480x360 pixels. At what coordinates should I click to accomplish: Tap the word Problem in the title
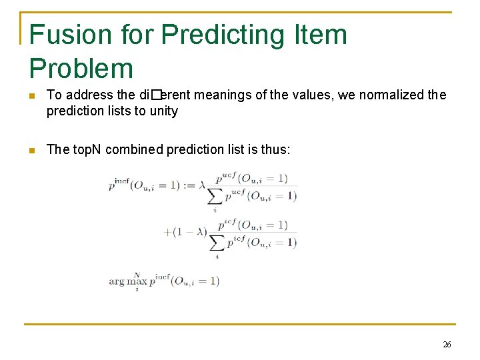coord(81,68)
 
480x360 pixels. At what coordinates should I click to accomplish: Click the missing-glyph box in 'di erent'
coord(157,95)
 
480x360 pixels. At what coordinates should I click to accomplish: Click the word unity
coord(163,111)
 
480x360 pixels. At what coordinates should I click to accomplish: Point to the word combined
coord(136,149)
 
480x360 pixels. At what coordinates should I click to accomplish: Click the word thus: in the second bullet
coord(275,149)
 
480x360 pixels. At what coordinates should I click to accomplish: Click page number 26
coord(447,345)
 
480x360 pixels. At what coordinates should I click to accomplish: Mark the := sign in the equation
coord(189,185)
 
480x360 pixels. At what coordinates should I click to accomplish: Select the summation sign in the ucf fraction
coord(215,196)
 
